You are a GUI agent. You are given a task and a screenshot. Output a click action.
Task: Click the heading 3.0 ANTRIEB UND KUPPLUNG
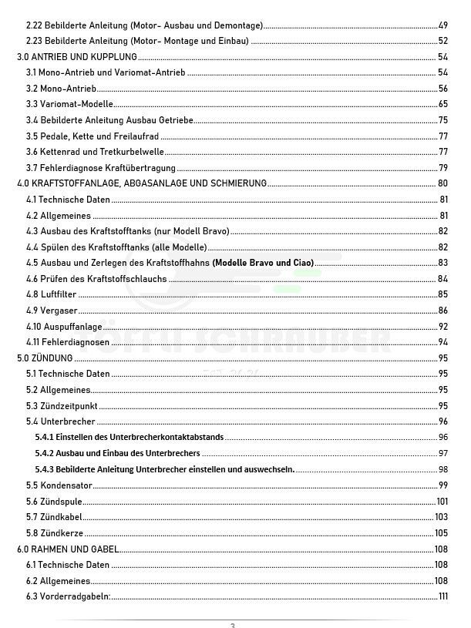(77, 56)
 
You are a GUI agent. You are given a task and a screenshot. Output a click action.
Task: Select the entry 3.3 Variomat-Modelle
(69, 104)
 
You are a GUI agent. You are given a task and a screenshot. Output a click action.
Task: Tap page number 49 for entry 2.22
(442, 25)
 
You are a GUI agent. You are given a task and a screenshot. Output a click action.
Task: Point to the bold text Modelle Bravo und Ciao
(263, 263)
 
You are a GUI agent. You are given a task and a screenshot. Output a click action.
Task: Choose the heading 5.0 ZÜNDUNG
(45, 358)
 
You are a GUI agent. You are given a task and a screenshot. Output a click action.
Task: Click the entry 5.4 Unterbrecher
(61, 421)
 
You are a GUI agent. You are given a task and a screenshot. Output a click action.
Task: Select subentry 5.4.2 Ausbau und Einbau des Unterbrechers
(117, 453)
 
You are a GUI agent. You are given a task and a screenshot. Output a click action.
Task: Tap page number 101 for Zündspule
(442, 501)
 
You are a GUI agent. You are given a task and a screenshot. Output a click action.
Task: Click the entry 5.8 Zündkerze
(55, 532)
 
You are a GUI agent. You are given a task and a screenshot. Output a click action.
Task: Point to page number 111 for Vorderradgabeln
(442, 596)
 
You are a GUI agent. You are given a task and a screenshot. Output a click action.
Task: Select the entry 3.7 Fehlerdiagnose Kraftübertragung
(101, 167)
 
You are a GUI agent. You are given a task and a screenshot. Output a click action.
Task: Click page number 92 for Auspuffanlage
(442, 326)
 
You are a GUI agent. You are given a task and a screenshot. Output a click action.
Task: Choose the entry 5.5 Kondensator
(59, 485)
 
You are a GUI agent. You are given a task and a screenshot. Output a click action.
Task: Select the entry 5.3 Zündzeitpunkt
(62, 405)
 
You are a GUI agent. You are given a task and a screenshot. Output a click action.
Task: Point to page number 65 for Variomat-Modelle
(442, 104)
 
